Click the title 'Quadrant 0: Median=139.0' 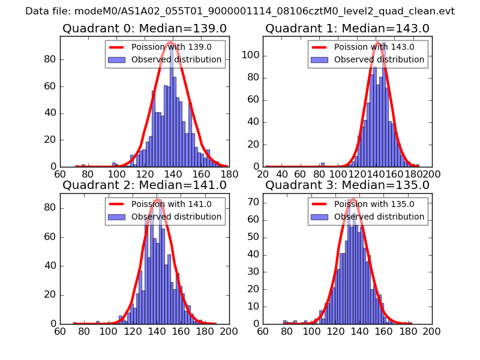(x=144, y=28)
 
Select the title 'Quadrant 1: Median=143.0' (x=347, y=28)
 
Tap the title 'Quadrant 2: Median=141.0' (x=144, y=185)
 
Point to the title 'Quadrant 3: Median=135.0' (x=347, y=185)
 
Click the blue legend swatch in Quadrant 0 (x=117, y=59)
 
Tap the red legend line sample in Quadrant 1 (x=320, y=47)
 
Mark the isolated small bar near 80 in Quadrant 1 (x=323, y=164)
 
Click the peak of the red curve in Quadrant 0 (x=171, y=42)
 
